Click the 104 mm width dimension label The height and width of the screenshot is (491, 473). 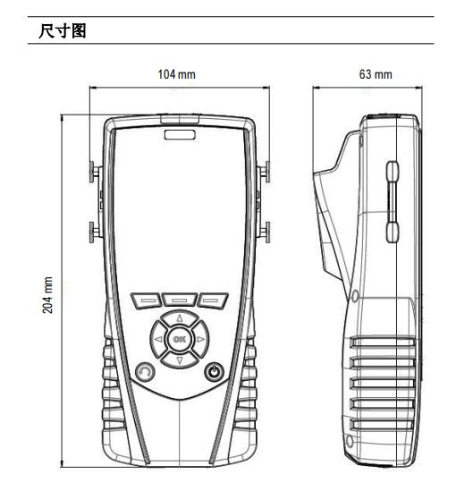pos(176,74)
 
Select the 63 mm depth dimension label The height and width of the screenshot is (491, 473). pos(376,74)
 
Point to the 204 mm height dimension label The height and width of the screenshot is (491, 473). pos(47,295)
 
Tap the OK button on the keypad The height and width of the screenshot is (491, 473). pos(180,339)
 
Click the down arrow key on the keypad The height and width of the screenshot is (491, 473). pos(180,360)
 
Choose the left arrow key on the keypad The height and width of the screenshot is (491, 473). pos(159,339)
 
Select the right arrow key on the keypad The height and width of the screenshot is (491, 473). pos(200,339)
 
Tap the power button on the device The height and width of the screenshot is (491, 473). pos(214,372)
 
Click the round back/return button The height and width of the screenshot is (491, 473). pos(145,372)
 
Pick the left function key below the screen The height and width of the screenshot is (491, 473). pos(147,301)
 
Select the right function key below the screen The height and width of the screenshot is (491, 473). pos(213,301)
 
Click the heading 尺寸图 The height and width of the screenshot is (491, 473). pos(62,30)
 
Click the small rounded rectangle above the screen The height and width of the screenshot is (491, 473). pos(180,135)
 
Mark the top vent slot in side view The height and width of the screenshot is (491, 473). pos(382,342)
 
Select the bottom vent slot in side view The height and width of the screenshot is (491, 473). pos(381,424)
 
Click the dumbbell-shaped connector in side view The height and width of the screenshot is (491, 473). pos(393,202)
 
